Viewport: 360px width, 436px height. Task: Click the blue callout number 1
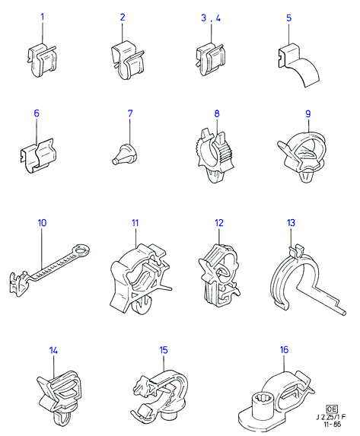(x=43, y=17)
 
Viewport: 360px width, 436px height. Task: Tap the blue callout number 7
(x=130, y=113)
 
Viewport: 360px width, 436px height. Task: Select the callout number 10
(x=42, y=223)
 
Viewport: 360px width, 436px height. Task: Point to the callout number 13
(x=291, y=223)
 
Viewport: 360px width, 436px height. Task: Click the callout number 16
(x=284, y=349)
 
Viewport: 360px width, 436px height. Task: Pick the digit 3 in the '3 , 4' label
(x=204, y=18)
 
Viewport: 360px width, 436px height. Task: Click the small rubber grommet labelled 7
(x=122, y=154)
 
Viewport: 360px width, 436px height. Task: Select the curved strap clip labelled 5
(x=298, y=64)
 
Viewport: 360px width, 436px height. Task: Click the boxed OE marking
(x=332, y=409)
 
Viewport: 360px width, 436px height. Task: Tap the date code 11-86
(x=332, y=424)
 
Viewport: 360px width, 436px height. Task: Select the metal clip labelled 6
(x=38, y=156)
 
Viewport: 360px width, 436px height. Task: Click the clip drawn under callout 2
(x=127, y=60)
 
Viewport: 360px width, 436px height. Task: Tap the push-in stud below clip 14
(x=60, y=417)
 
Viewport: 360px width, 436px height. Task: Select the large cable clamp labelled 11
(x=139, y=278)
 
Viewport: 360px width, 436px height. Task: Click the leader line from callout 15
(x=164, y=362)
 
